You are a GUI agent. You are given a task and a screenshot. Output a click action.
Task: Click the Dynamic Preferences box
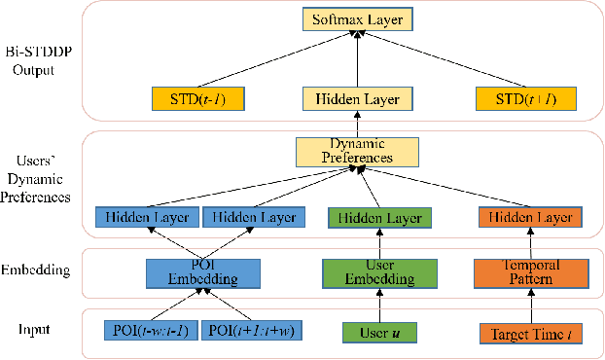(357, 152)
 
